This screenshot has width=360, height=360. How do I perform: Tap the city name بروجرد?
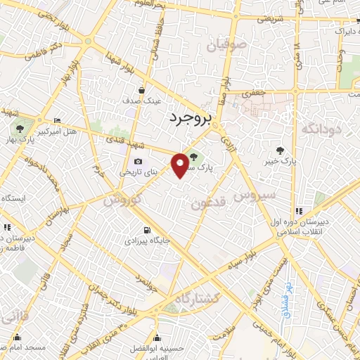pyautogui.click(x=191, y=120)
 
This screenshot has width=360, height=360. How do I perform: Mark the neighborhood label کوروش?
pyautogui.click(x=120, y=200)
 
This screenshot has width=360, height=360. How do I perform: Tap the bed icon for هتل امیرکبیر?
pyautogui.click(x=57, y=122)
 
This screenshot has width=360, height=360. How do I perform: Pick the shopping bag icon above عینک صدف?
pyautogui.click(x=142, y=90)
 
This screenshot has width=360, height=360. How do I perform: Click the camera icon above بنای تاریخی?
pyautogui.click(x=136, y=161)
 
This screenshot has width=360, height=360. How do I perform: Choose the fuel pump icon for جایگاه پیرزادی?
pyautogui.click(x=146, y=230)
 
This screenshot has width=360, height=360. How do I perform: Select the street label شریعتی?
pyautogui.click(x=269, y=20)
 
